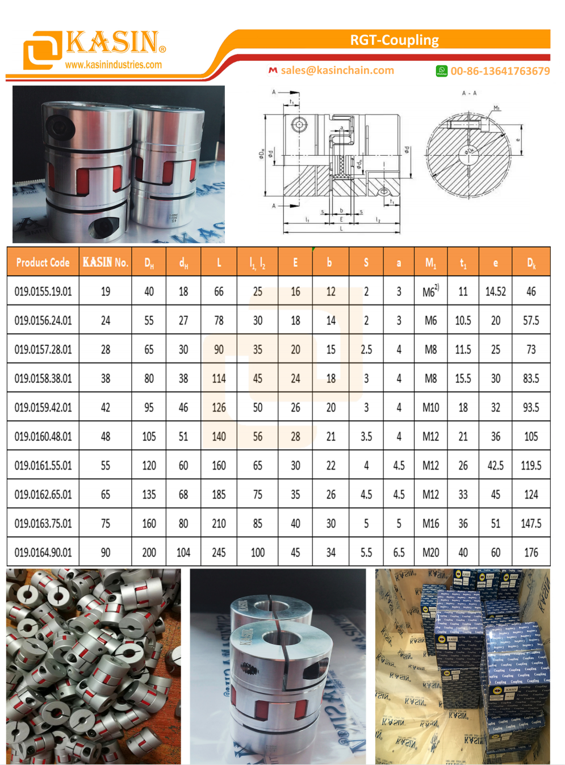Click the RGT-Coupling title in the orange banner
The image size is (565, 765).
[394, 40]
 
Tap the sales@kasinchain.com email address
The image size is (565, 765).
[337, 70]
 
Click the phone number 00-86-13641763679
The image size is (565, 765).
[500, 71]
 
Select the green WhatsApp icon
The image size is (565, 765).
[441, 71]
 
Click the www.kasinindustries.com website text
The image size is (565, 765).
[113, 65]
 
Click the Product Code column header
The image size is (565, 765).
[43, 262]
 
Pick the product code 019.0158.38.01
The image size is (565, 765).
[43, 378]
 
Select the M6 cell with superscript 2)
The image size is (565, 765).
[430, 291]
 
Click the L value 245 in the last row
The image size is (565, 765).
[219, 553]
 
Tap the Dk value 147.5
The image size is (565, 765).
[531, 524]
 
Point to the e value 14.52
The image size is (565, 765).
[495, 291]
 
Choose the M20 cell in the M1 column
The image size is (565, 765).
[430, 553]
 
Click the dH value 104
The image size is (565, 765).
[183, 553]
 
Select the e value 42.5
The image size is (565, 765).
[495, 466]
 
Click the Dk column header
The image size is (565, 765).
[531, 262]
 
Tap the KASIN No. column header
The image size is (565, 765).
[106, 262]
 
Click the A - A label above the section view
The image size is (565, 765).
[469, 93]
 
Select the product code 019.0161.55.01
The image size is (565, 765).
[43, 466]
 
